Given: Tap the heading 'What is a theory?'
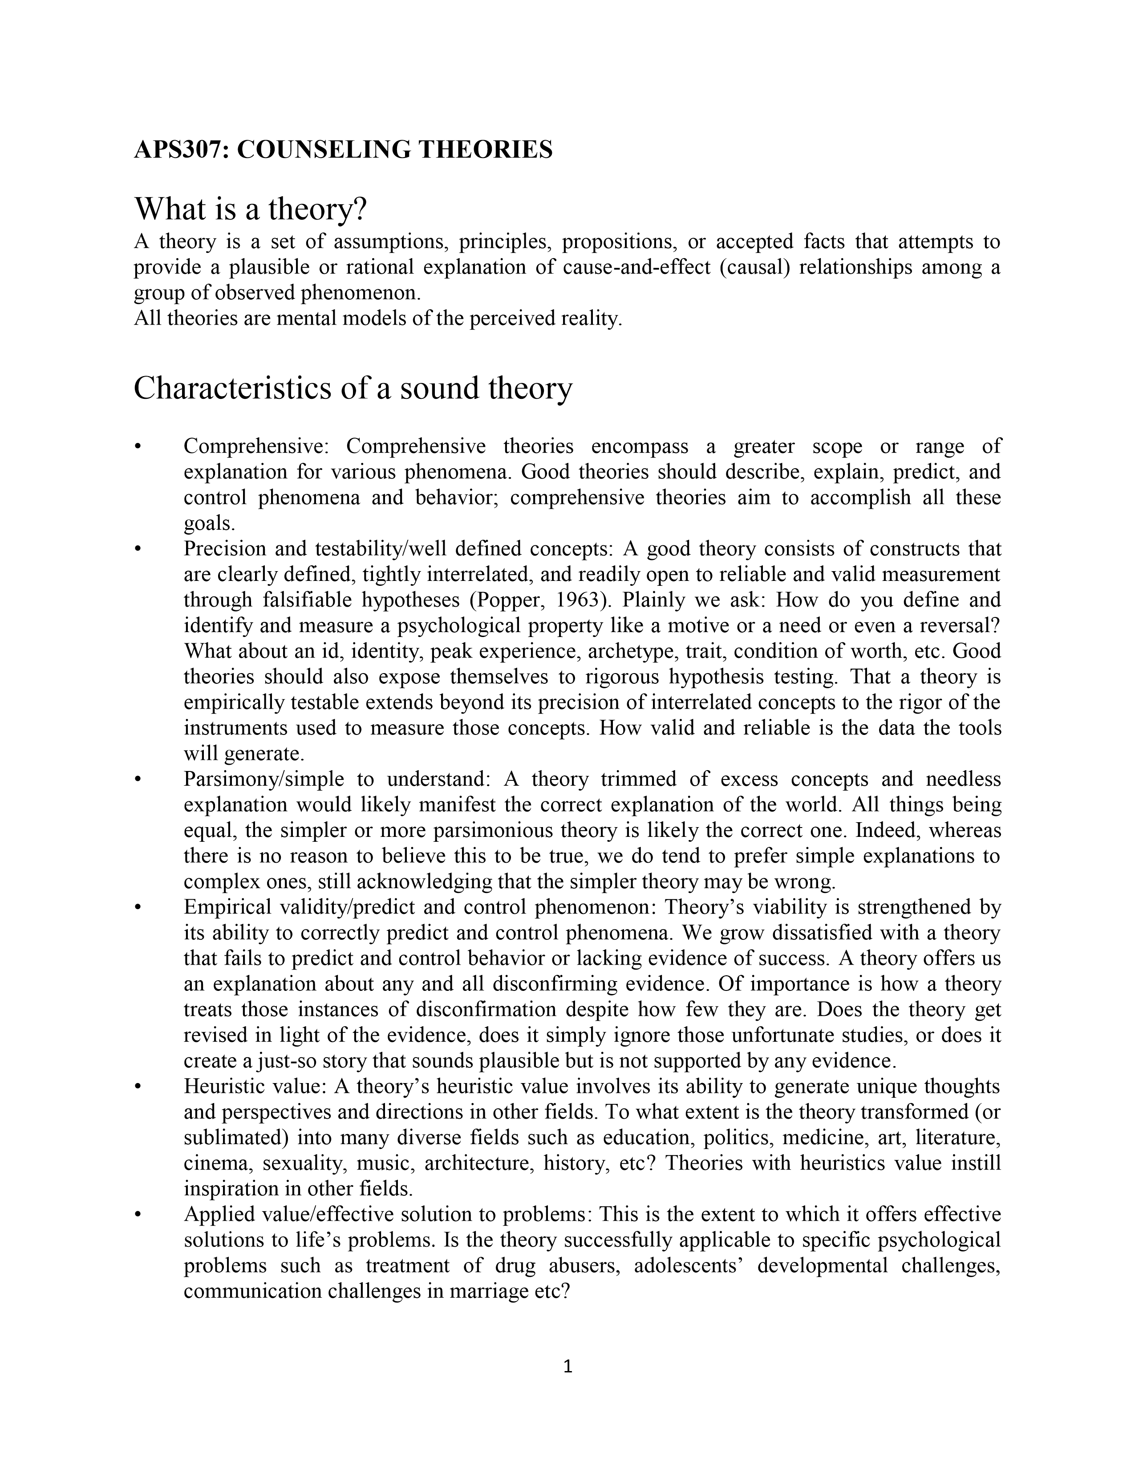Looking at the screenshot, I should (251, 209).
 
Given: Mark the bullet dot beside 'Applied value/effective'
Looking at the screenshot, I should (137, 1215).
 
